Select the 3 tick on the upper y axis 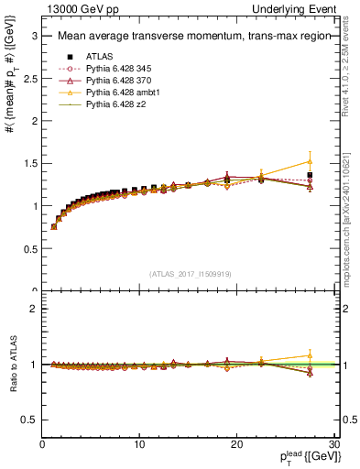[35, 36]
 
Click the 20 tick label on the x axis [236, 445]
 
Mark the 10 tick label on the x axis [139, 445]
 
